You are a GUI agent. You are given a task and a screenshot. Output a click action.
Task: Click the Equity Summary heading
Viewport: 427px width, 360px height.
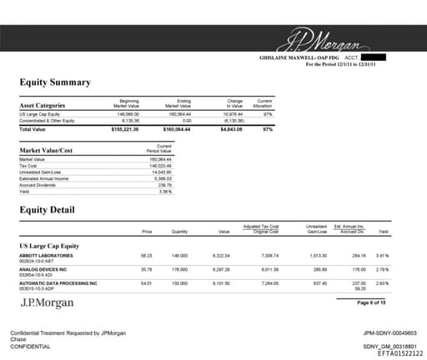[x=55, y=82]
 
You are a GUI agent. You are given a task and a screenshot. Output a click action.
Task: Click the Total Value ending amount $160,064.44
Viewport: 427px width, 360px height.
[x=179, y=130]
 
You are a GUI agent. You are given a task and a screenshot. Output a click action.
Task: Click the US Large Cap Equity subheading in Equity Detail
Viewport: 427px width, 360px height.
[x=49, y=246]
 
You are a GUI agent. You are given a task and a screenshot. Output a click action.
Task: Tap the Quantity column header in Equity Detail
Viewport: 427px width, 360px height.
[x=179, y=231]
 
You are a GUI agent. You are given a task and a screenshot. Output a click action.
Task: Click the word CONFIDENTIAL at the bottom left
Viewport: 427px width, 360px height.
[x=31, y=346]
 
